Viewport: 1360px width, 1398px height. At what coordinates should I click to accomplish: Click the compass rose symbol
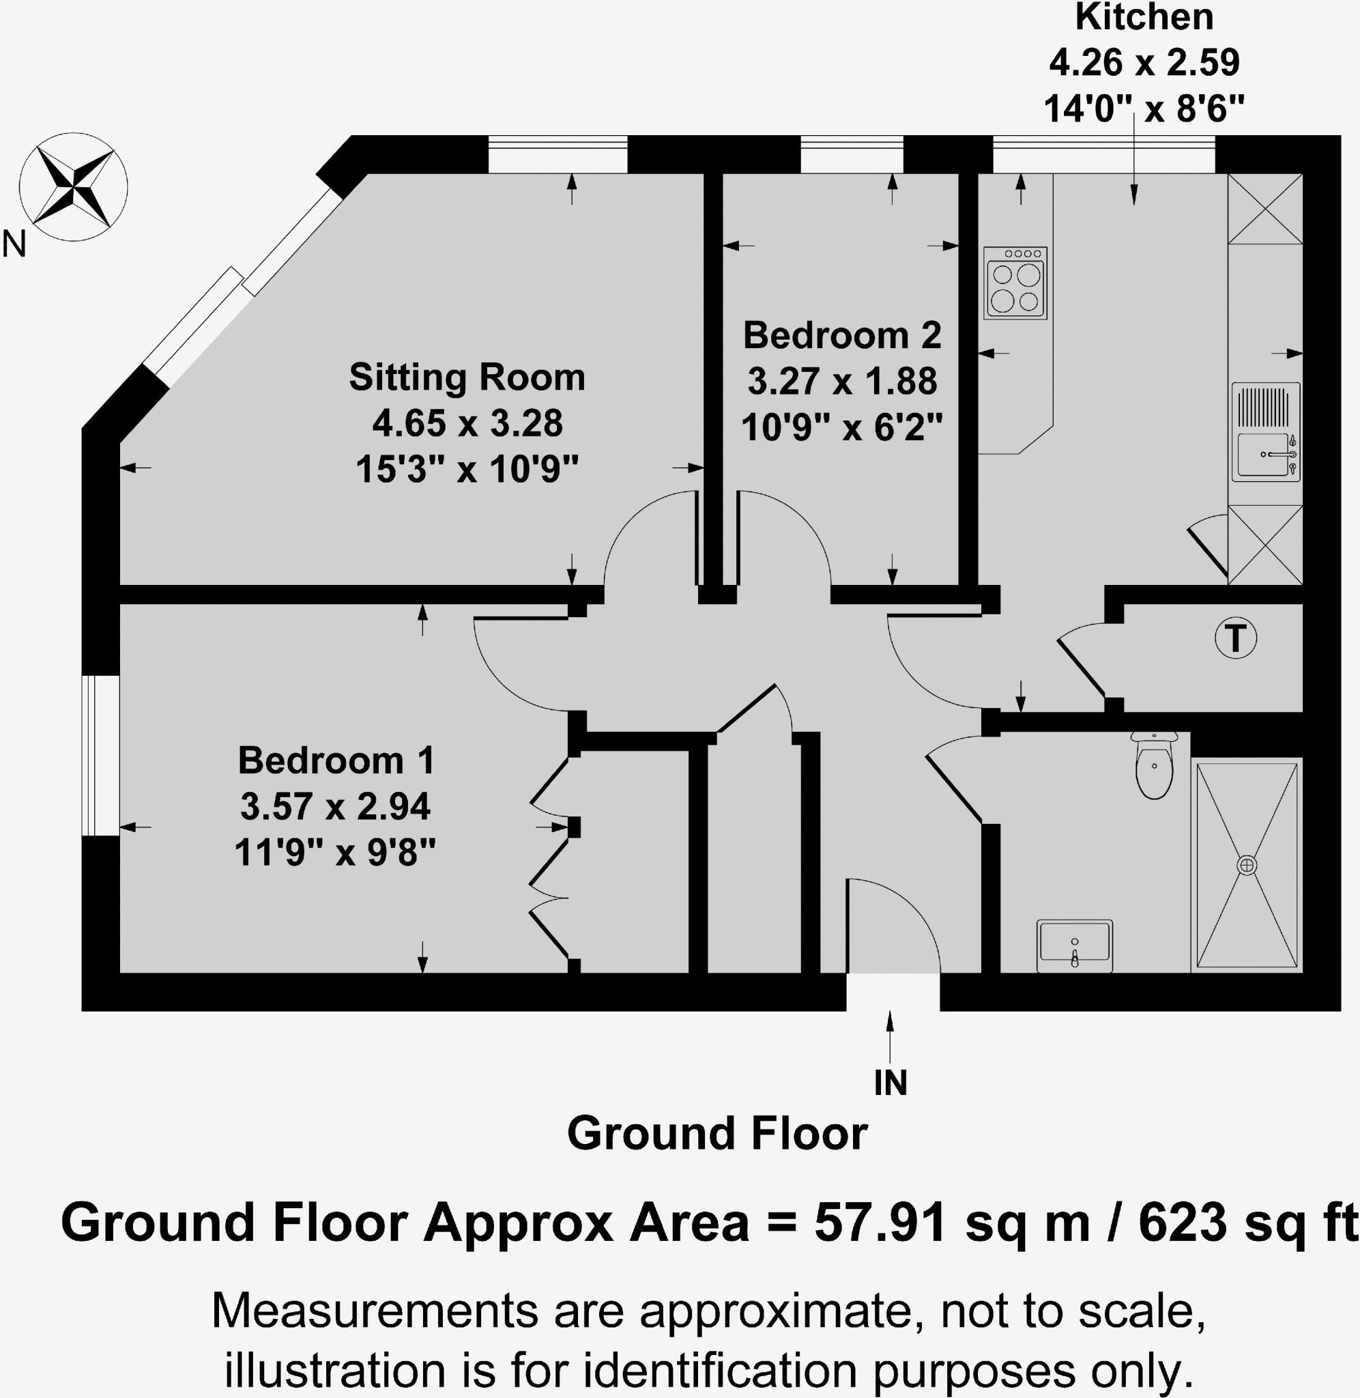click(74, 187)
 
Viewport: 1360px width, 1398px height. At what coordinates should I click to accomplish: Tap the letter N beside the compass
click(14, 244)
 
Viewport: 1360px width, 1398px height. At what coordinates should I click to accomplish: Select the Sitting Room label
click(467, 377)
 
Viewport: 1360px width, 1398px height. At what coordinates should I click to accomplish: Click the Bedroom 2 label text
click(842, 335)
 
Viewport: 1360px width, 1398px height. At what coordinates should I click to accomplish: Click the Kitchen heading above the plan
click(1144, 17)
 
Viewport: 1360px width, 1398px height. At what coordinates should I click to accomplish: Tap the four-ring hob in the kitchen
click(1014, 283)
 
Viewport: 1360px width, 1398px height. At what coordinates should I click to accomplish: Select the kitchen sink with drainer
click(1265, 431)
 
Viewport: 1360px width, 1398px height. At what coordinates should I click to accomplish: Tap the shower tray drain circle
click(1247, 865)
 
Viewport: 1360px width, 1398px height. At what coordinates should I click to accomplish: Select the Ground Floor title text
click(717, 1134)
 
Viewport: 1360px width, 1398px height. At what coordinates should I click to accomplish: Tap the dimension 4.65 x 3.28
click(467, 424)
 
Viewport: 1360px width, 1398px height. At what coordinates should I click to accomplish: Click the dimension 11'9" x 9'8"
click(335, 852)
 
